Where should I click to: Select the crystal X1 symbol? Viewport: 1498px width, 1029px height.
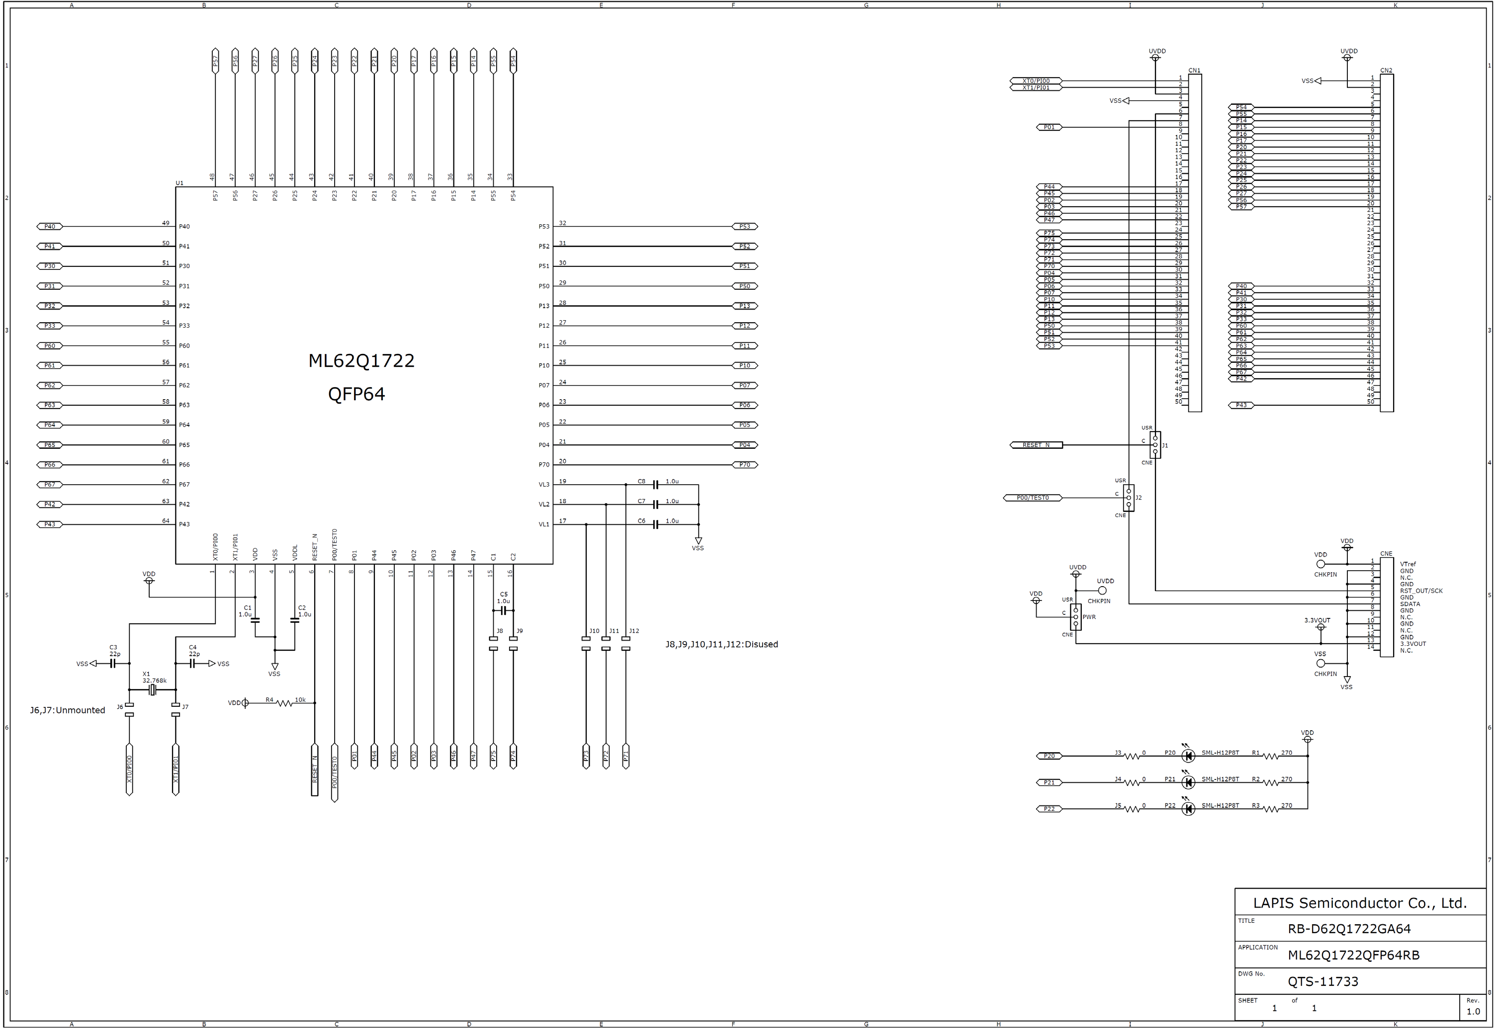152,690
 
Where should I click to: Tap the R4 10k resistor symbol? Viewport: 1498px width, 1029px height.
284,703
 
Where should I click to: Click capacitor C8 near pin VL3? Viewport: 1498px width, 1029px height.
655,484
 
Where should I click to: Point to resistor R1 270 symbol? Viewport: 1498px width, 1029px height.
1270,756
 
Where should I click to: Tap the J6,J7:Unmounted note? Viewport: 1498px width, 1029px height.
68,710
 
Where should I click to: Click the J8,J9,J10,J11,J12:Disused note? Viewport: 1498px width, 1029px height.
721,644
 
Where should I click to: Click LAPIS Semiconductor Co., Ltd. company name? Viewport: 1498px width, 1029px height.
1359,903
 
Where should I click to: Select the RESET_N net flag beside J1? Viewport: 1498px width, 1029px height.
1036,445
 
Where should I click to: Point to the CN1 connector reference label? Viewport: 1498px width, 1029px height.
1194,70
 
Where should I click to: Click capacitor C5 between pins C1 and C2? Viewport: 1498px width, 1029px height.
504,610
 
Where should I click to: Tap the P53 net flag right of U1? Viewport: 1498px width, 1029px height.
745,226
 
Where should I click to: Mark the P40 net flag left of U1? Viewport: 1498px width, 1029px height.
50,226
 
